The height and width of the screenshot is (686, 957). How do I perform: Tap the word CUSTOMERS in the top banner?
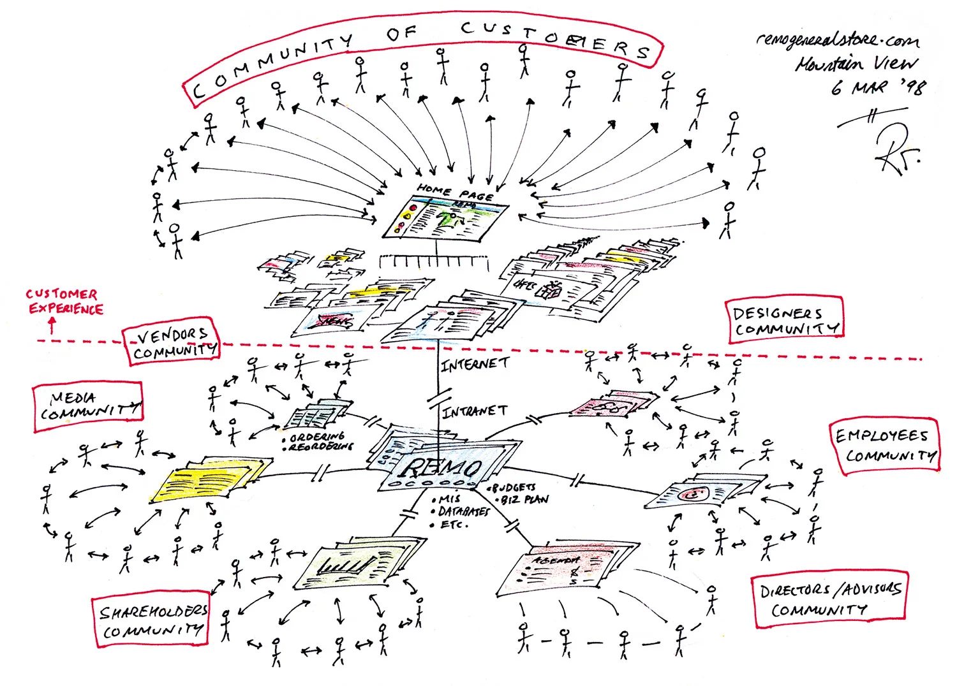(x=555, y=38)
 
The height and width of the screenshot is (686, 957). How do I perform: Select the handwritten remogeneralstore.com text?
(x=838, y=40)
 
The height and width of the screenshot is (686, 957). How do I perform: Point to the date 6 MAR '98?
(x=877, y=86)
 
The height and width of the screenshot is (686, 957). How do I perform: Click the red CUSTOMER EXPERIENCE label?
(x=64, y=302)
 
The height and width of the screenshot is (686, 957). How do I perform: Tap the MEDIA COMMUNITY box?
(x=88, y=407)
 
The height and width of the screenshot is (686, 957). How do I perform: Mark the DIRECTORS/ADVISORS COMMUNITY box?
(x=829, y=599)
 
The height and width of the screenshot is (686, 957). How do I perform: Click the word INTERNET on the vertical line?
(x=475, y=364)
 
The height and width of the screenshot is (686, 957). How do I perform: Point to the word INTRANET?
(x=475, y=412)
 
